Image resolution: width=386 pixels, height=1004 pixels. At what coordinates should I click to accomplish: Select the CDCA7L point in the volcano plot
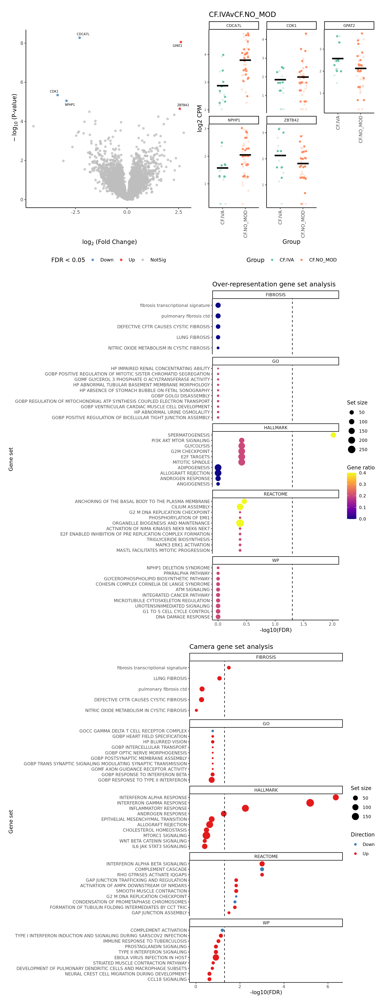pyautogui.click(x=79, y=38)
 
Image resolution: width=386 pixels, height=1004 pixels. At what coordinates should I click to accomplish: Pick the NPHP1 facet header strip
pyautogui.click(x=234, y=120)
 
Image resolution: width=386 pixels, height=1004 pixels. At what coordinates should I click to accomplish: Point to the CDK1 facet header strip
pyautogui.click(x=291, y=26)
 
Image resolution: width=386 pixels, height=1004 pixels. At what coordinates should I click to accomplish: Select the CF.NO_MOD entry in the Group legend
pyautogui.click(x=322, y=260)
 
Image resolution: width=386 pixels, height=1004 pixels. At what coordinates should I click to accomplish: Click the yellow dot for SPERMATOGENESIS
pyautogui.click(x=333, y=435)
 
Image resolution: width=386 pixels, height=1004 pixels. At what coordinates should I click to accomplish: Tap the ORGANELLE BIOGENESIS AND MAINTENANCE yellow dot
pyautogui.click(x=240, y=523)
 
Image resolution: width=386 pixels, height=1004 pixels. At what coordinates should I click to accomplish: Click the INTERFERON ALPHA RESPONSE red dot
pyautogui.click(x=336, y=797)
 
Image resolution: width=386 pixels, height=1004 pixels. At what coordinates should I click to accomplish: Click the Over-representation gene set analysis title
pyautogui.click(x=274, y=284)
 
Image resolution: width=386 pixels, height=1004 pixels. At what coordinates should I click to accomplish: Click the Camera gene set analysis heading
pyautogui.click(x=231, y=647)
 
